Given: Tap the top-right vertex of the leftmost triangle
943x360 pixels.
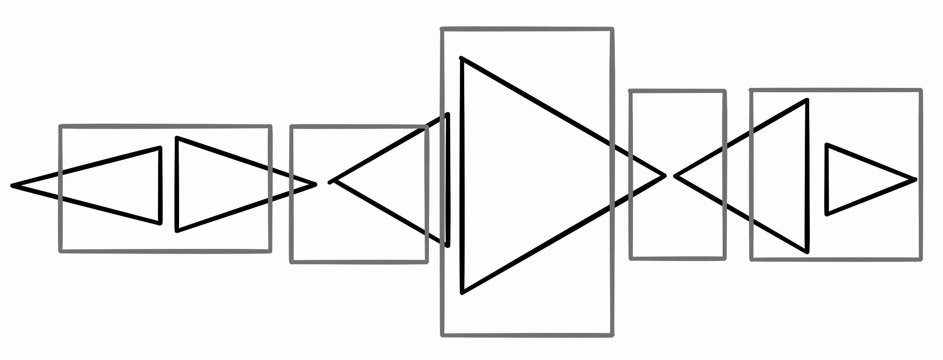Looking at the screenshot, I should pyautogui.click(x=160, y=148).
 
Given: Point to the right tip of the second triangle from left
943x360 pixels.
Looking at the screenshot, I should pyautogui.click(x=315, y=184).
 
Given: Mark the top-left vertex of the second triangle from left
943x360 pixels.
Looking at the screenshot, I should pyautogui.click(x=177, y=138).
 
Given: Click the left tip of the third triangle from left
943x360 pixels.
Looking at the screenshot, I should pyautogui.click(x=330, y=182).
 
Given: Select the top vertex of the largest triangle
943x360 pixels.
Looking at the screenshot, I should pyautogui.click(x=461, y=58).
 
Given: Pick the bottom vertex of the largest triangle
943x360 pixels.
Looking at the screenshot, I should pyautogui.click(x=462, y=293).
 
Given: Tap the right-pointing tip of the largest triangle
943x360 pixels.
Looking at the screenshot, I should pyautogui.click(x=664, y=176).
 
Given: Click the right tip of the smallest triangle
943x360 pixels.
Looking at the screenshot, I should pyautogui.click(x=916, y=179).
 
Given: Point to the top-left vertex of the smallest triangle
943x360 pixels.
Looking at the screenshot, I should pyautogui.click(x=827, y=145).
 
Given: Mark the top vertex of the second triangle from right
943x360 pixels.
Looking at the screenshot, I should pyautogui.click(x=807, y=100).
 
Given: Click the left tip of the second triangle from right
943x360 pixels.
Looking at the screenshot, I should pyautogui.click(x=675, y=176).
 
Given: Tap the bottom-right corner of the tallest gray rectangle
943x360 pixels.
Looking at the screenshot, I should pyautogui.click(x=612, y=335).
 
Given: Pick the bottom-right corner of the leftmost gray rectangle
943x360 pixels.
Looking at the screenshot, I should pyautogui.click(x=270, y=251).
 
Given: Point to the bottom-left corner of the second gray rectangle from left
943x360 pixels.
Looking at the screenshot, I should pyautogui.click(x=292, y=262).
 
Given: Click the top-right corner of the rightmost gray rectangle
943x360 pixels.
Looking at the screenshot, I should pyautogui.click(x=921, y=90).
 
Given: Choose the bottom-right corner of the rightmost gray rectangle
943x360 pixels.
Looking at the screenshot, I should pyautogui.click(x=921, y=259).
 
